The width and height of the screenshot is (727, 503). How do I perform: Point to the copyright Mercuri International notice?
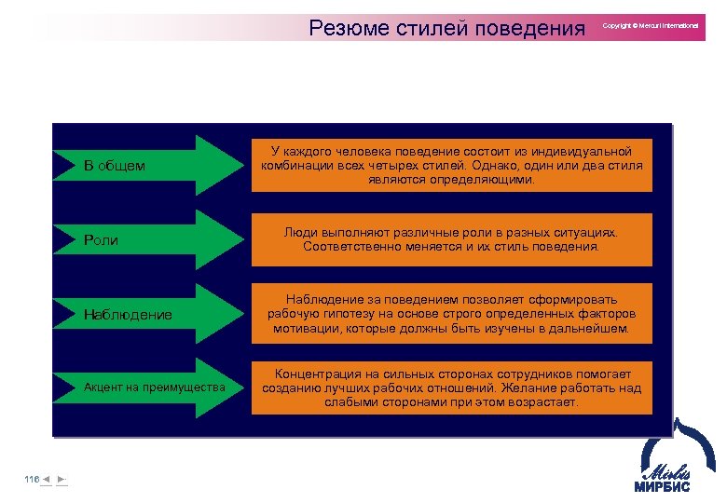(651, 25)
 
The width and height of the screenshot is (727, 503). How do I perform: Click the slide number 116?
(32, 479)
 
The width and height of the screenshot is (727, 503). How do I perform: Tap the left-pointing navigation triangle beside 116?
(46, 479)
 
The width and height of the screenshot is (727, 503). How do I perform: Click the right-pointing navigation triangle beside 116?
(61, 479)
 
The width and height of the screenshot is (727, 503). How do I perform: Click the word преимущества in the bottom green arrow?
(191, 387)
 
